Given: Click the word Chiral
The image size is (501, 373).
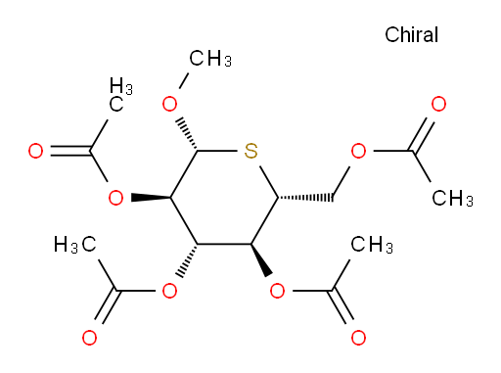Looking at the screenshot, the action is (x=411, y=34).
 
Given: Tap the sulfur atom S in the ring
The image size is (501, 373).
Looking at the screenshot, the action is (x=250, y=151).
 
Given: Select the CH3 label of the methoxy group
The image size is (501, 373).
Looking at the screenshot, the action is (x=210, y=59).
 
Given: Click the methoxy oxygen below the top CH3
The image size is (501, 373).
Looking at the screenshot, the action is (x=169, y=104).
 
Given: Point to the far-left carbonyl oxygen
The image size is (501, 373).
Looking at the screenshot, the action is (x=35, y=151).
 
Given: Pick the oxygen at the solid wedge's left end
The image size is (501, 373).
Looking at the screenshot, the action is (x=115, y=198).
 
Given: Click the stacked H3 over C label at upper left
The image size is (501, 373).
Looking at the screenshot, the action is (x=120, y=94).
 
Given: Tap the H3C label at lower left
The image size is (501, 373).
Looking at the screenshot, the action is (x=75, y=245).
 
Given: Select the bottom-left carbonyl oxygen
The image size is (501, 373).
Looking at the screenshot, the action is (x=89, y=338).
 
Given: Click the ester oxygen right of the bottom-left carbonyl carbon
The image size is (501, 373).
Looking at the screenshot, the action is (x=169, y=291).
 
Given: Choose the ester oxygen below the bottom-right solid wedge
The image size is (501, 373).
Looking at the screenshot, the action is (x=278, y=291).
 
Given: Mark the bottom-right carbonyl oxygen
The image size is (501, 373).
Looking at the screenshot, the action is (x=358, y=338).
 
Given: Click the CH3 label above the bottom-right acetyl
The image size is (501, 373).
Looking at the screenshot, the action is (x=372, y=245).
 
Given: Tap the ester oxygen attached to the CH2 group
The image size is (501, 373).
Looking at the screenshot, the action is (x=358, y=151).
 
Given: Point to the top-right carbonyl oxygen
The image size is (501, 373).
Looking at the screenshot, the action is (x=438, y=104).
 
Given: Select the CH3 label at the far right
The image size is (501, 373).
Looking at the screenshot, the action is (x=453, y=198).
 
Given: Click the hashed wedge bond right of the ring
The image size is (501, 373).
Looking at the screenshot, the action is (x=305, y=198).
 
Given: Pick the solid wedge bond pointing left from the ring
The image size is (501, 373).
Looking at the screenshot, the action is (x=151, y=198).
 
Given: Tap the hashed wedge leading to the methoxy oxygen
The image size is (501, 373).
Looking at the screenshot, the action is (x=187, y=134).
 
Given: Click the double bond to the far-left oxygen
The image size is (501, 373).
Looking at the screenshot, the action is (x=70, y=151).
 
